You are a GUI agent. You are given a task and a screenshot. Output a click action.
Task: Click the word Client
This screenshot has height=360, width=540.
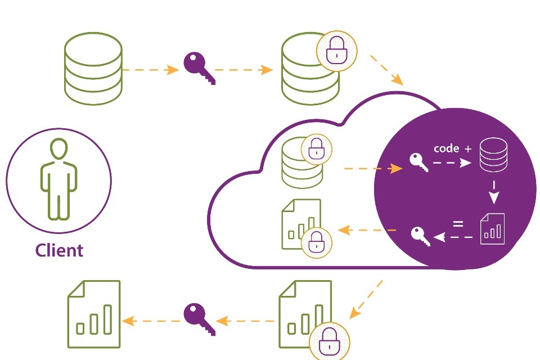point(59,250)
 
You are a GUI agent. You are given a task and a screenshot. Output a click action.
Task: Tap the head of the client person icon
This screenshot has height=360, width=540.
point(58,150)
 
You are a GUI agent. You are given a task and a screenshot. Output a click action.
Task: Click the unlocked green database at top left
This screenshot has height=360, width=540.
point(93,68)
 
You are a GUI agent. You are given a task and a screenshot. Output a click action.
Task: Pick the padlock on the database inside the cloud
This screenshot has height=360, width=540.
point(317,150)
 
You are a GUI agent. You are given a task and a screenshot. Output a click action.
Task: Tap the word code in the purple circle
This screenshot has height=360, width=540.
point(447,149)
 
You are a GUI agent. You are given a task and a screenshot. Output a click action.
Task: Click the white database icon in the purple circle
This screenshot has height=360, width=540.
point(493,156)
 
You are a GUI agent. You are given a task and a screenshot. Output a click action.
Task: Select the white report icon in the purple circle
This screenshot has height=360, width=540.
point(493,228)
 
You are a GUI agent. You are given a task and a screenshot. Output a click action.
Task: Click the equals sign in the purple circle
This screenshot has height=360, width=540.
point(458,224)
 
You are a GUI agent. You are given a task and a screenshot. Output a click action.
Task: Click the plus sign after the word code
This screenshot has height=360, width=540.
point(469,149)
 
